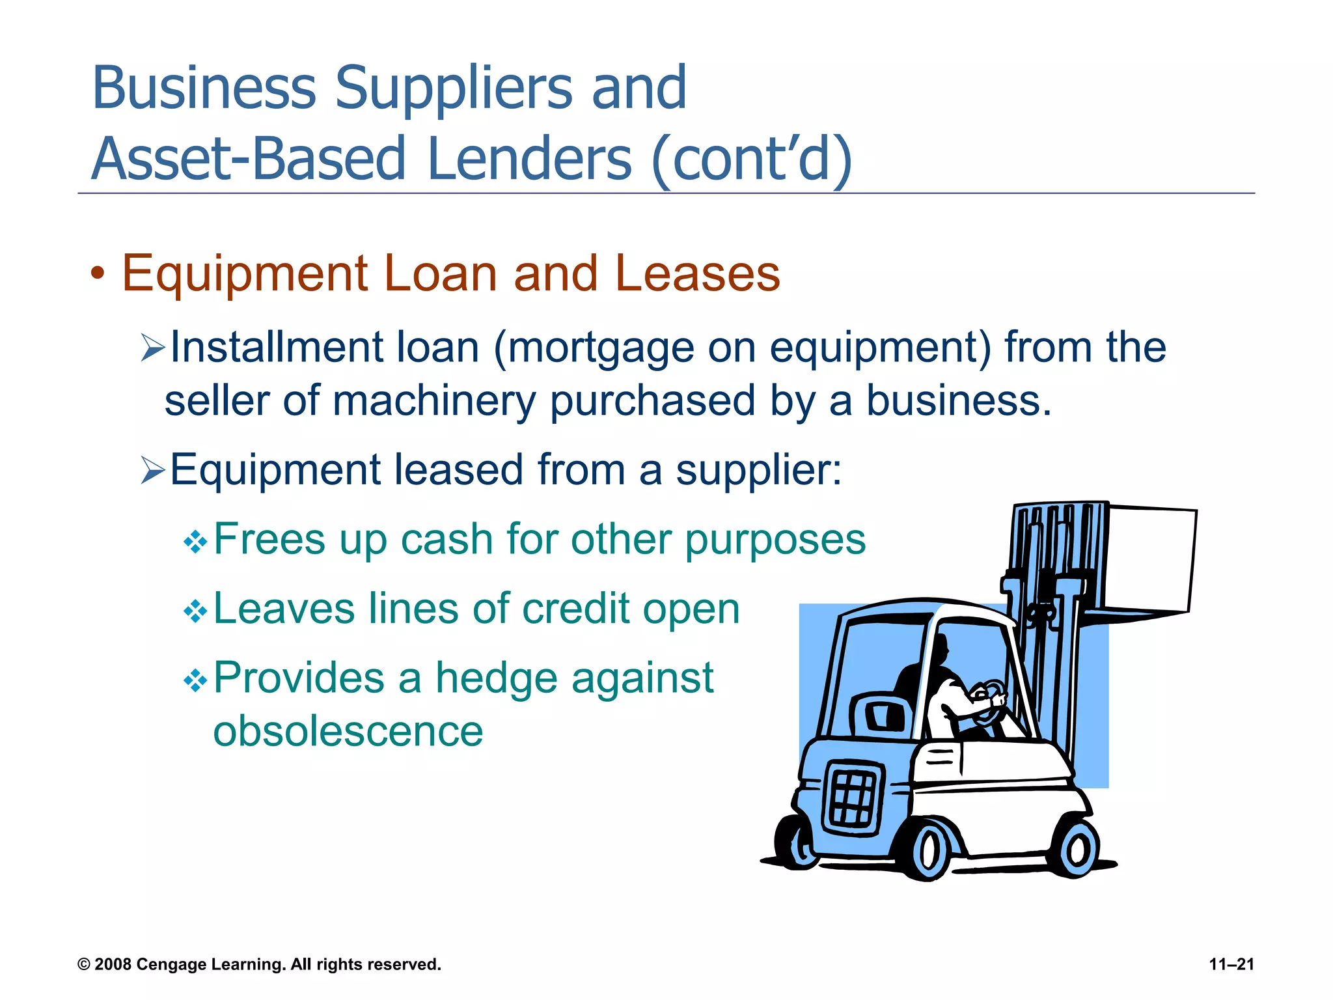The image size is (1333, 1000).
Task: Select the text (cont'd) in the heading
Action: [751, 160]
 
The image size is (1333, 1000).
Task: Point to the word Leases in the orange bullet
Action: [697, 273]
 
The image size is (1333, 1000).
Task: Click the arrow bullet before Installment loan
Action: [153, 348]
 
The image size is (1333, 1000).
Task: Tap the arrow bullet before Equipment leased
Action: [153, 470]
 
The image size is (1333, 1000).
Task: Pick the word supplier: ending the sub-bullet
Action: [758, 470]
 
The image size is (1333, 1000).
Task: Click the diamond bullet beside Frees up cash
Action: [195, 542]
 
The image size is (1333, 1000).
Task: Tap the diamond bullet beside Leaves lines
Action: [195, 611]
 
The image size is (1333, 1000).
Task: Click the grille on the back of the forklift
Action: [853, 797]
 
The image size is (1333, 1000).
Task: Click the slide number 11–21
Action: [1231, 964]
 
